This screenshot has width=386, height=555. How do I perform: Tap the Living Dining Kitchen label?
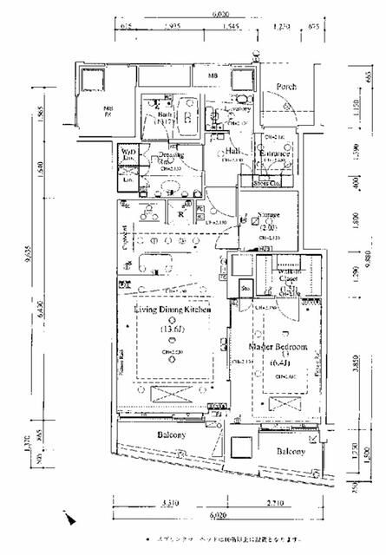[x=173, y=310]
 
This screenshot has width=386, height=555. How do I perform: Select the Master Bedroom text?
[x=278, y=348]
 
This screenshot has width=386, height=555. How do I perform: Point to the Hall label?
[x=232, y=150]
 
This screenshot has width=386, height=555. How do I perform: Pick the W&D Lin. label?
[x=128, y=153]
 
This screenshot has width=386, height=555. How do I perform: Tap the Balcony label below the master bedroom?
[x=291, y=452]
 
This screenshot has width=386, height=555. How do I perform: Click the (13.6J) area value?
[x=173, y=330]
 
